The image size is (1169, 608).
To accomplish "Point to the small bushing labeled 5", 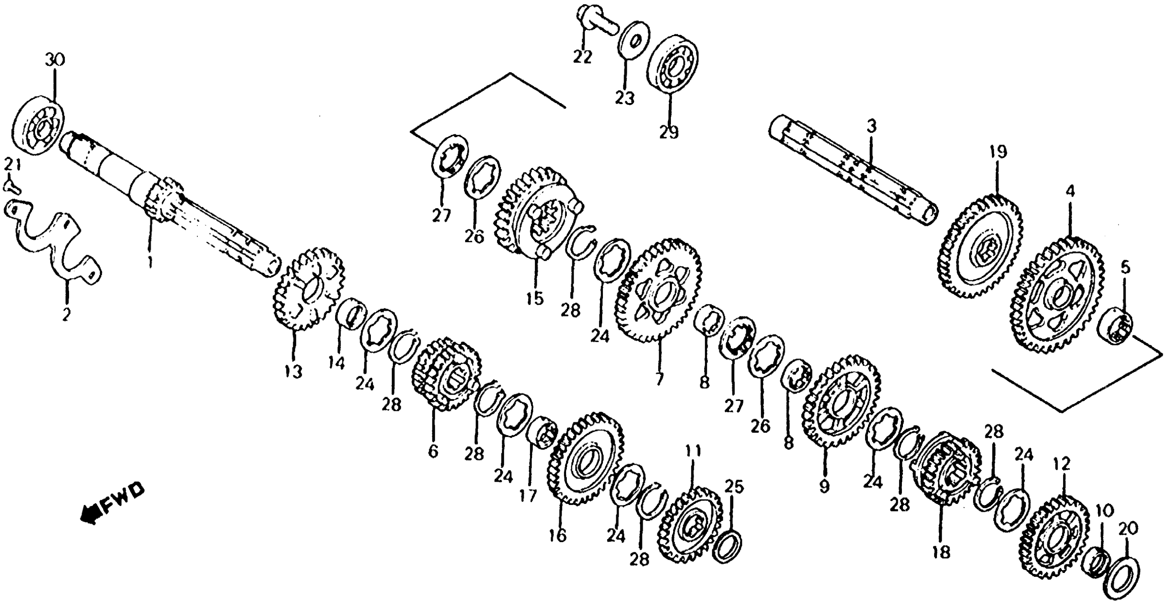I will click(1115, 331).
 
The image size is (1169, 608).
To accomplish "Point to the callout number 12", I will click(1062, 464).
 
